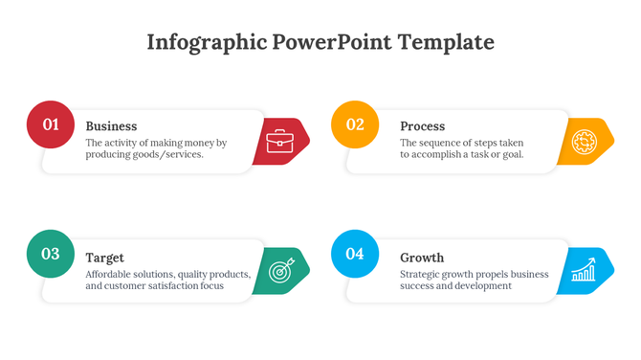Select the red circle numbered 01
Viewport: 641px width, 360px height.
(x=51, y=124)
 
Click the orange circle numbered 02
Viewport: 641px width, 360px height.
(x=355, y=124)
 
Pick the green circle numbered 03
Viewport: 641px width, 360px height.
(x=51, y=254)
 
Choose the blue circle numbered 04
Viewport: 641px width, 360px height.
(x=355, y=254)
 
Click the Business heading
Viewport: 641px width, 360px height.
(x=111, y=126)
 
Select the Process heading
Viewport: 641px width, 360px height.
(x=422, y=126)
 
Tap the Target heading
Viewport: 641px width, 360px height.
(x=104, y=258)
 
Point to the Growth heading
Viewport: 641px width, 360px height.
(x=422, y=258)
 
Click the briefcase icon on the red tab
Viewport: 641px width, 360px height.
(x=280, y=142)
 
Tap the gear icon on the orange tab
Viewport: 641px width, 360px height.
(x=584, y=143)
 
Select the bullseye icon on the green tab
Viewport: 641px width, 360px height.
(x=281, y=271)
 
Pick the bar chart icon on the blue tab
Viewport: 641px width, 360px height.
(x=584, y=272)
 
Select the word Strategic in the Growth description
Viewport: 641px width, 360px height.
(x=423, y=274)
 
